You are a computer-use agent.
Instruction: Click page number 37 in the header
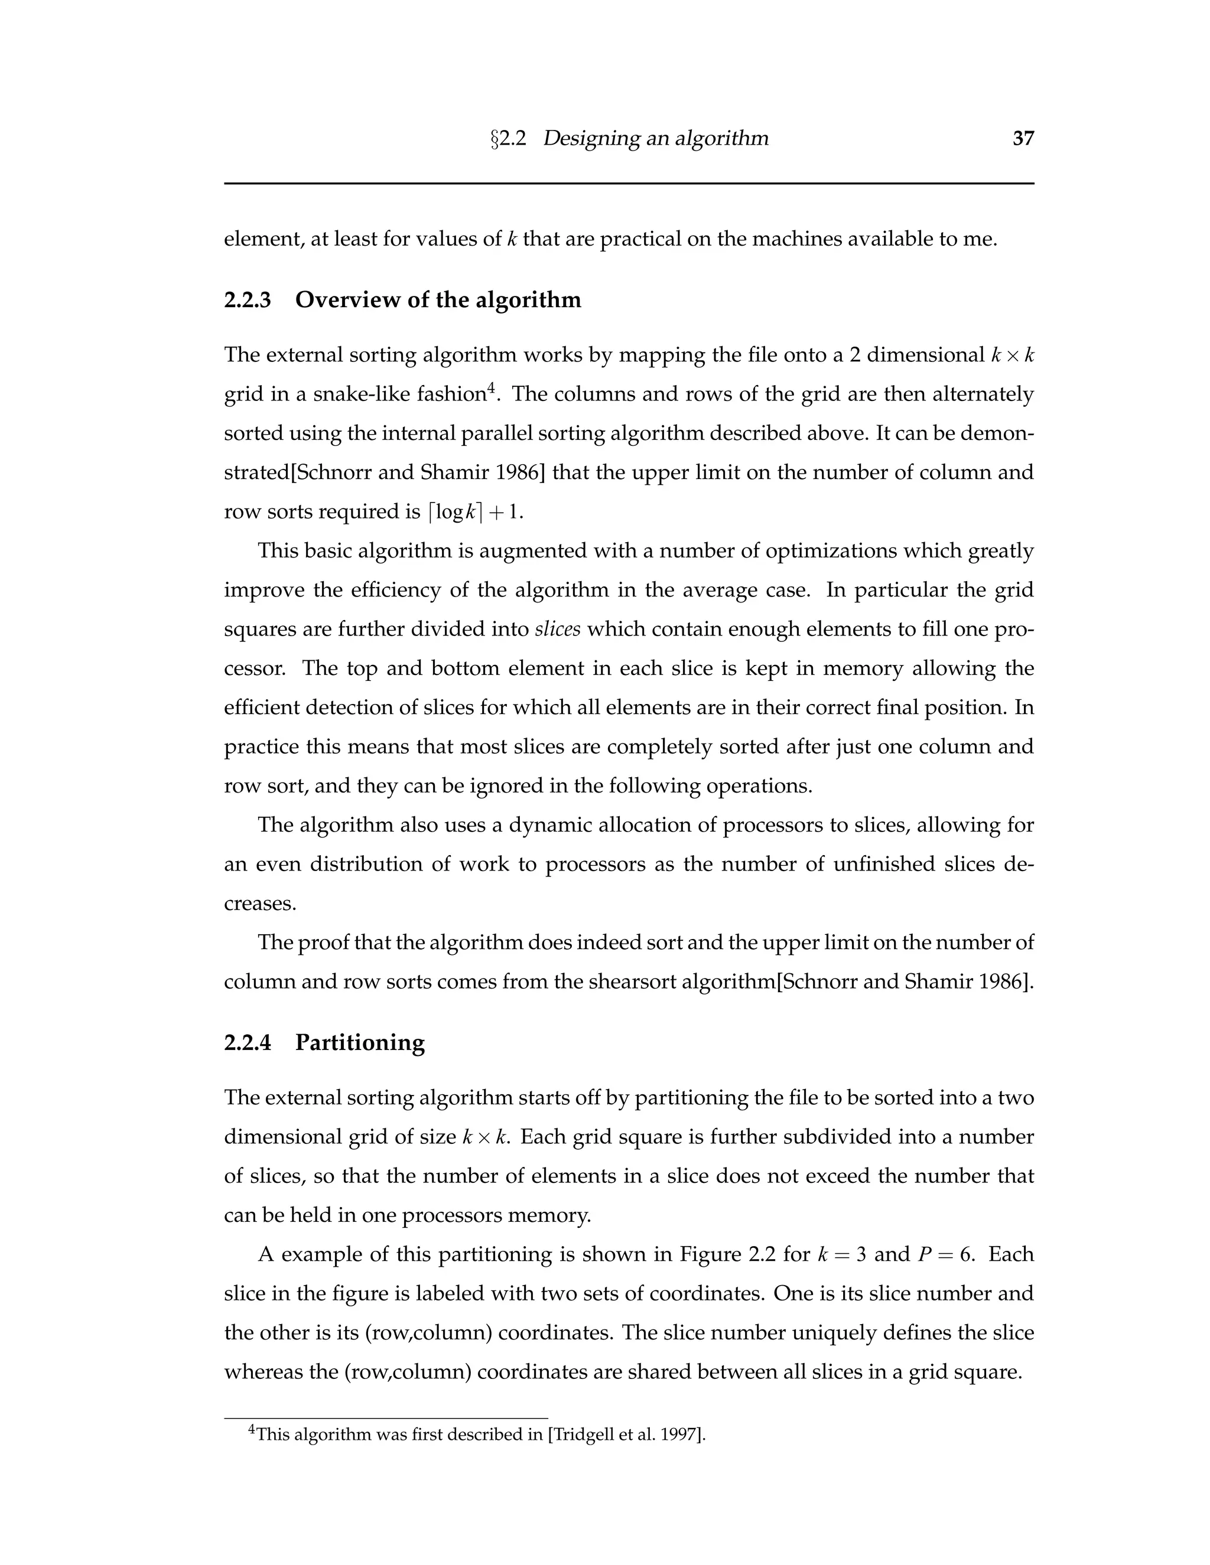click(x=1023, y=138)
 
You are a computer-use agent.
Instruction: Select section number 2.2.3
click(x=248, y=299)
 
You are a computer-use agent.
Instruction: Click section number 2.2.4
click(x=248, y=1042)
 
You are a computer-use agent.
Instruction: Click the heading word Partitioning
click(x=360, y=1042)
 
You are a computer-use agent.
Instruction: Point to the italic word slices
click(x=557, y=629)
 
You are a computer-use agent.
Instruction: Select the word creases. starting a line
click(x=259, y=904)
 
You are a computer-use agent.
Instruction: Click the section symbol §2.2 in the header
click(x=508, y=138)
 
